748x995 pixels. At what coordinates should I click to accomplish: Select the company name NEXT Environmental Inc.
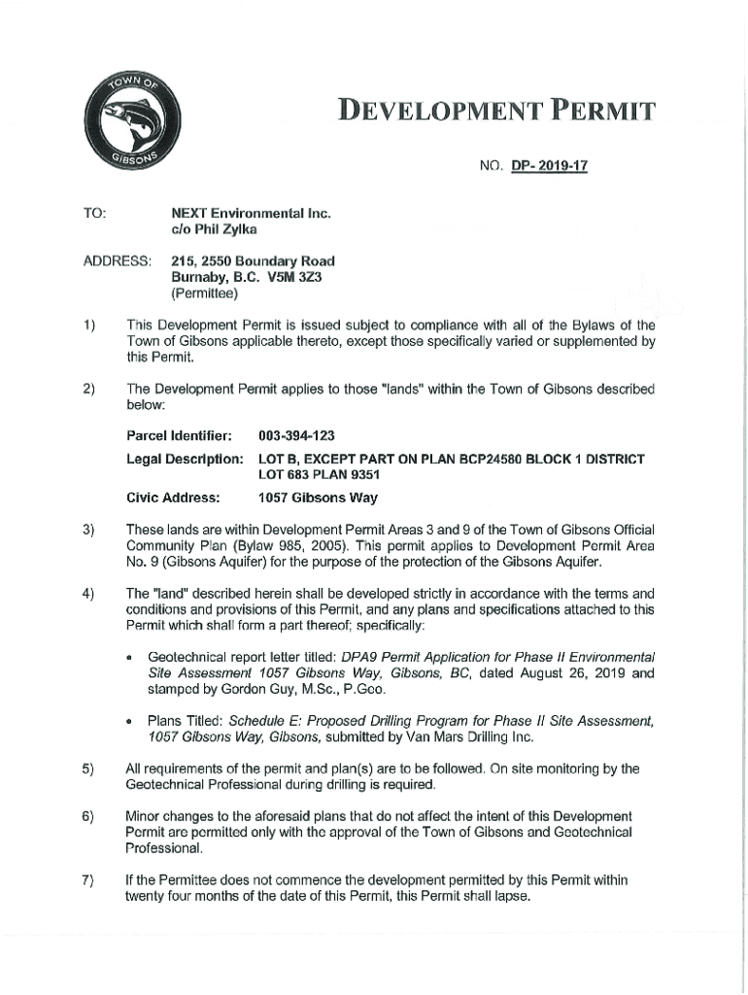(238, 211)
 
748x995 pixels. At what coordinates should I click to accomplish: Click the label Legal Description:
(184, 459)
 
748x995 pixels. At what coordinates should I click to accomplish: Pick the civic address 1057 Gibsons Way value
(318, 497)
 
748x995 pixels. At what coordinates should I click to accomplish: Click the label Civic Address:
(173, 497)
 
